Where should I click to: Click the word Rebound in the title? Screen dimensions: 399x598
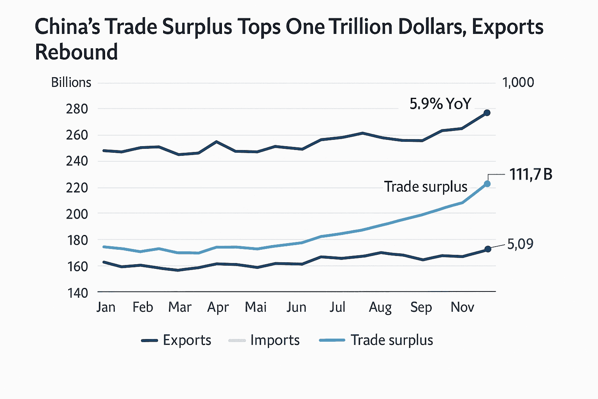point(76,52)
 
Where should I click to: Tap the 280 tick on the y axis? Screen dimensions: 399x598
point(77,109)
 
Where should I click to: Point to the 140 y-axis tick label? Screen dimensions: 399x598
point(77,293)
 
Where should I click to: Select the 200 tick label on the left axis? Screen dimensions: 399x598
point(77,214)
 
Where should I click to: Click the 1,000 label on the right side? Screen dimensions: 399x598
point(518,83)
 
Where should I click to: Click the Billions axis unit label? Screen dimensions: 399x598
point(71,83)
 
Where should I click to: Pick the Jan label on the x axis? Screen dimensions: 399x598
point(106,307)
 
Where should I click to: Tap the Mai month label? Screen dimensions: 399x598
point(256,307)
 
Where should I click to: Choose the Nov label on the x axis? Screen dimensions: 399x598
point(462,307)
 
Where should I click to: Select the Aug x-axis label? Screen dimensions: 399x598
point(380,307)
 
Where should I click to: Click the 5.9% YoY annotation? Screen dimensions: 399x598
point(440,104)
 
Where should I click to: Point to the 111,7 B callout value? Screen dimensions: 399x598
point(531,175)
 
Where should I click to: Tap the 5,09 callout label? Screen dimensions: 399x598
point(520,244)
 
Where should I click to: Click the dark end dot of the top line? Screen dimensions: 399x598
point(487,113)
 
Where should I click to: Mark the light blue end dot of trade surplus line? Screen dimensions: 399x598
point(487,184)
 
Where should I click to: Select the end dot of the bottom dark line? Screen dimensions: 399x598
point(487,249)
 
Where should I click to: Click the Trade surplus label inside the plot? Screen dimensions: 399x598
point(426,187)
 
